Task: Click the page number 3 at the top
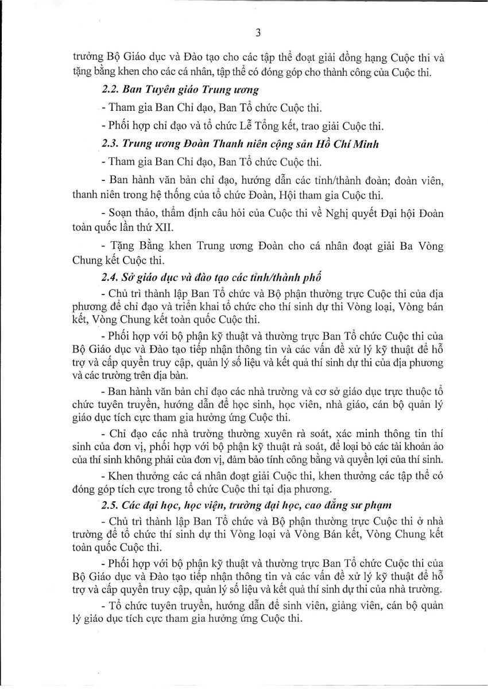point(258,33)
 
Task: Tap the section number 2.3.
point(111,144)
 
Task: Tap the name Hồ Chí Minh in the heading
point(350,144)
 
